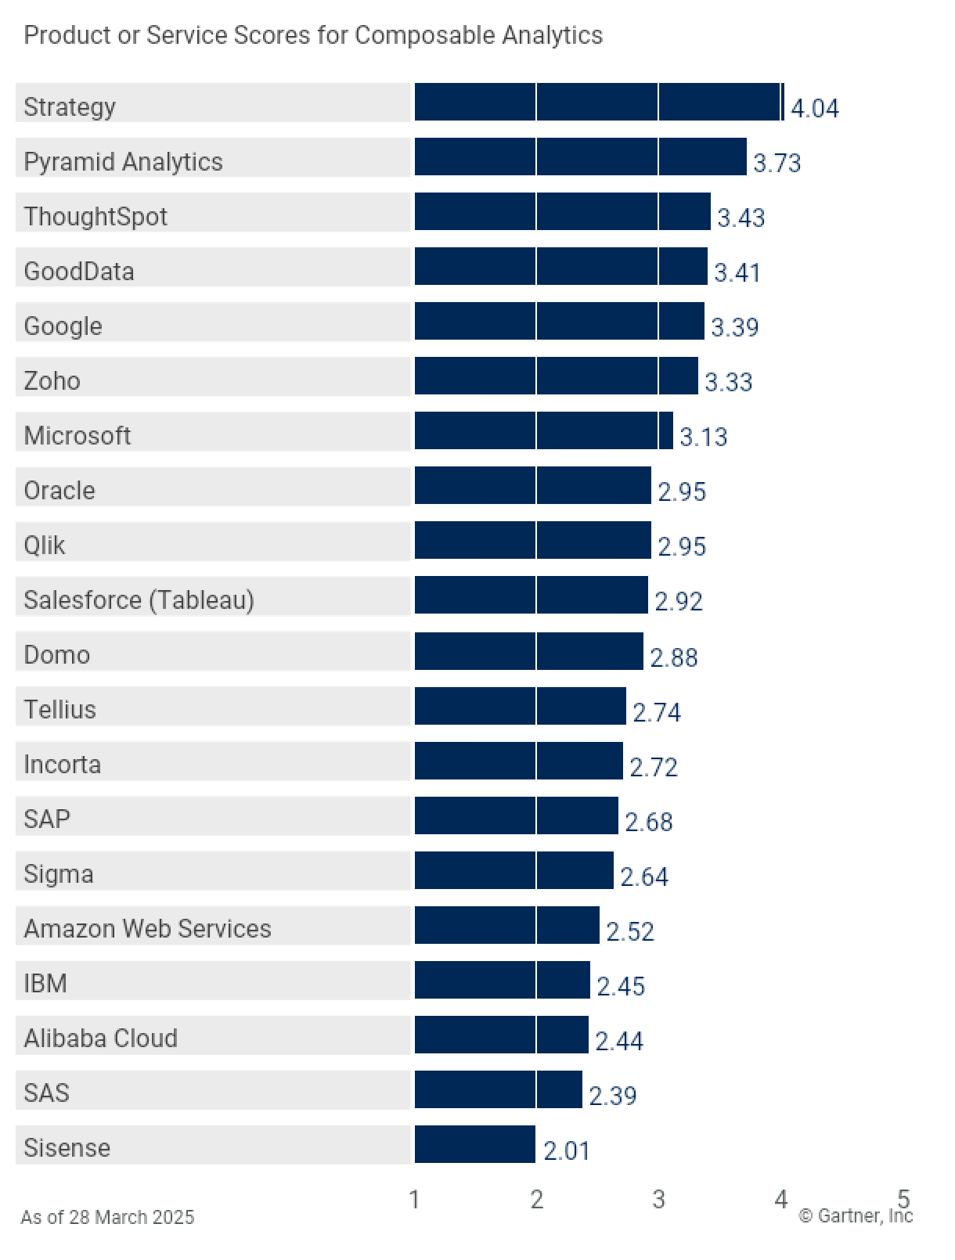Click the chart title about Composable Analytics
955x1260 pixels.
pyautogui.click(x=313, y=35)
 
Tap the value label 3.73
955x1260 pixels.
pyautogui.click(x=777, y=163)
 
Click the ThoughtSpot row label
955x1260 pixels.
pyautogui.click(x=95, y=216)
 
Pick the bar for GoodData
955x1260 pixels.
pyautogui.click(x=560, y=266)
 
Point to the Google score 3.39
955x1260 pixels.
pyautogui.click(x=734, y=327)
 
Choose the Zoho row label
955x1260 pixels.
pyautogui.click(x=52, y=381)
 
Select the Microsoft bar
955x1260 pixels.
pyautogui.click(x=543, y=430)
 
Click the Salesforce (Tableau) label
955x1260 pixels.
pyautogui.click(x=139, y=600)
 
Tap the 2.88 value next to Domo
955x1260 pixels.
pyautogui.click(x=673, y=657)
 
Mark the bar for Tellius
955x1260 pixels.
pyautogui.click(x=520, y=706)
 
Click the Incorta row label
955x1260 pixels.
pyautogui.click(x=62, y=765)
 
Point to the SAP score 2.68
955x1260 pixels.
pyautogui.click(x=648, y=822)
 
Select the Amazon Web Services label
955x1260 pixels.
pyautogui.click(x=147, y=929)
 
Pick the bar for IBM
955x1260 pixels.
pyautogui.click(x=502, y=980)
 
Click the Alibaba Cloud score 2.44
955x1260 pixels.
pyautogui.click(x=618, y=1041)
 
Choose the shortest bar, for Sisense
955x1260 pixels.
pyautogui.click(x=474, y=1144)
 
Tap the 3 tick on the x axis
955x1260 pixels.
pyautogui.click(x=658, y=1199)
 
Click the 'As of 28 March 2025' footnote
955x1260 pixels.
pyautogui.click(x=107, y=1217)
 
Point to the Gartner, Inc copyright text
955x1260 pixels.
pyautogui.click(x=855, y=1215)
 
